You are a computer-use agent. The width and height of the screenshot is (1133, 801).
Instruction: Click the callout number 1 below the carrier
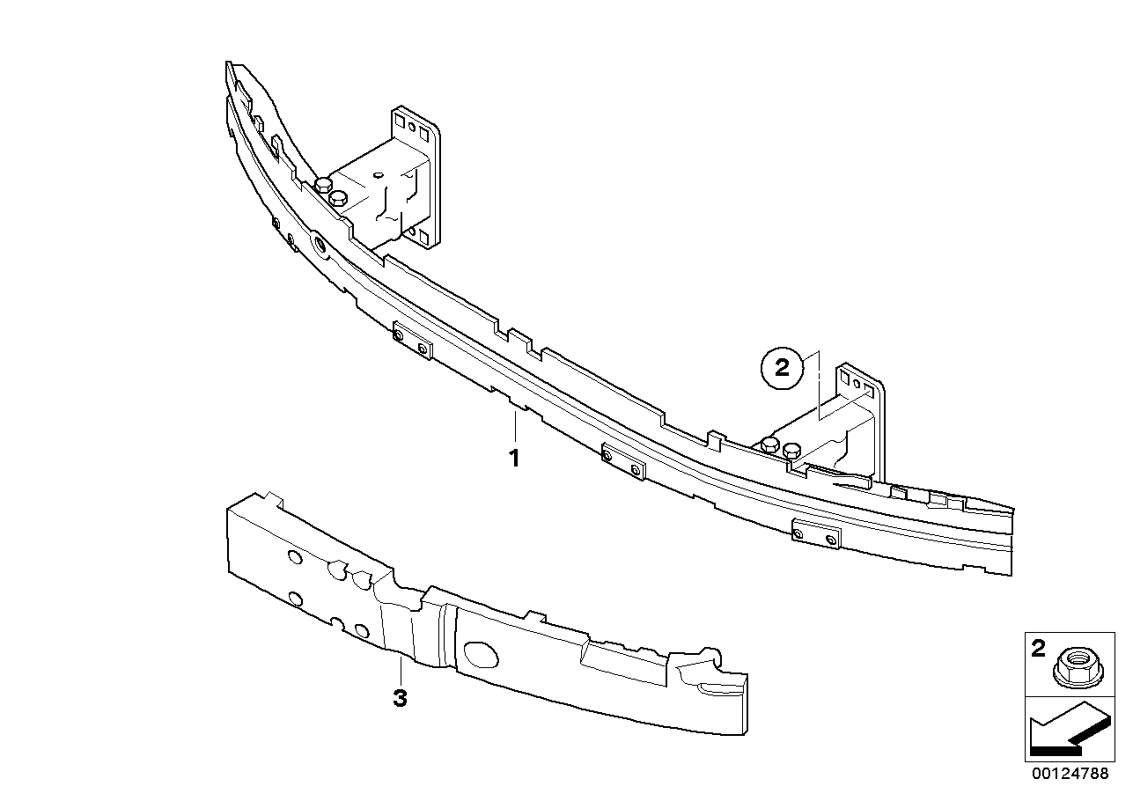514,458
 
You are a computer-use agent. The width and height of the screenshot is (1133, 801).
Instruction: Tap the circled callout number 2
782,368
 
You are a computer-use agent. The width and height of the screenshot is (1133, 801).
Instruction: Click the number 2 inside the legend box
1038,649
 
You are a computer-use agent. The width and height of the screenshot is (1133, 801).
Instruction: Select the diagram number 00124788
1070,774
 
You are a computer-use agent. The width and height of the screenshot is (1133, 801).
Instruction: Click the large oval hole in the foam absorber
481,654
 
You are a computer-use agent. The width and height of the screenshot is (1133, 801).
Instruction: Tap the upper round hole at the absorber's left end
294,558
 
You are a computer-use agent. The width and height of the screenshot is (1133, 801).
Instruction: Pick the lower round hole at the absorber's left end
295,599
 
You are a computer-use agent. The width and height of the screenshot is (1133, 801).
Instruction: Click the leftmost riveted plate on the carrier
413,341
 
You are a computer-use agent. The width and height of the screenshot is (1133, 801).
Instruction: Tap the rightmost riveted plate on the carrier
816,534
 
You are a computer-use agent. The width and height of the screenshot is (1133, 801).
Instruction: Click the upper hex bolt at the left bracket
322,184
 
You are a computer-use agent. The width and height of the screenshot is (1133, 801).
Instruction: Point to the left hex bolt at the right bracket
769,445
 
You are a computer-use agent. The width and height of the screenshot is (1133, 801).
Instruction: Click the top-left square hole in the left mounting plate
400,121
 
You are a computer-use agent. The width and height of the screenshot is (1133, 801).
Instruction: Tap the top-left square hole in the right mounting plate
845,377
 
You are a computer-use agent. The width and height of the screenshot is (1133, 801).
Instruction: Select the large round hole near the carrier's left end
320,245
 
